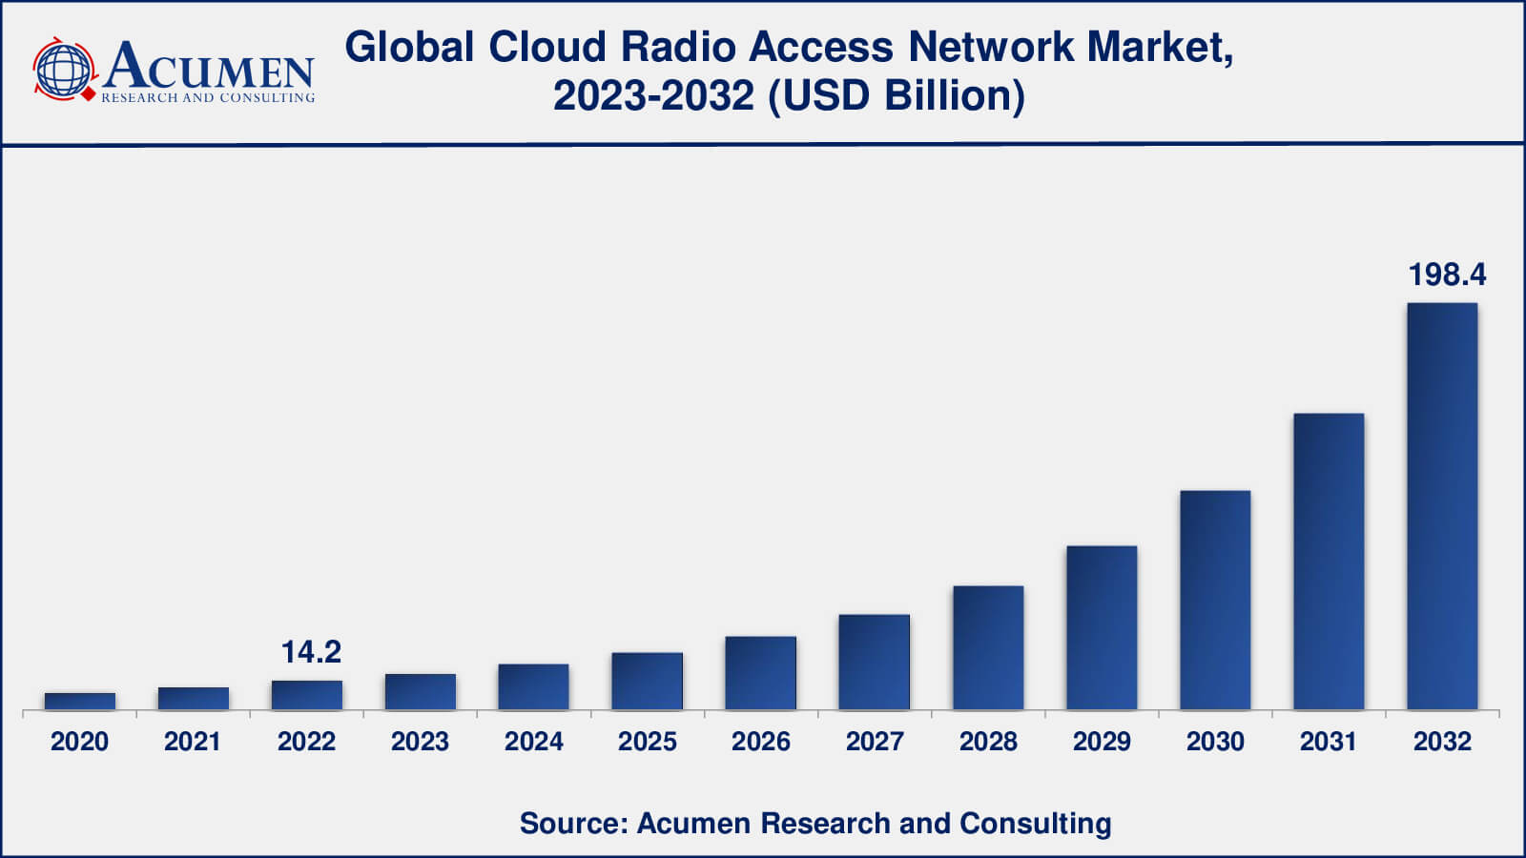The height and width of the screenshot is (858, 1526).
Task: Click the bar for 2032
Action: [1442, 506]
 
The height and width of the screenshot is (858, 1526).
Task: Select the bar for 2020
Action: [80, 702]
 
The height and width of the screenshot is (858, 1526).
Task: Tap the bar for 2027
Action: [874, 663]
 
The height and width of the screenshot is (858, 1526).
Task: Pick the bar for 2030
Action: [1215, 601]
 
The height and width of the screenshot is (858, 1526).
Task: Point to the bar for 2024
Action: [533, 687]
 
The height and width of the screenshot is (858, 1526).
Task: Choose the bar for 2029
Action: [1102, 628]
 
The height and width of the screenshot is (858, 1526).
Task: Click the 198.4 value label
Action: [1447, 275]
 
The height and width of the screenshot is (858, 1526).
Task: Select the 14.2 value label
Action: [311, 652]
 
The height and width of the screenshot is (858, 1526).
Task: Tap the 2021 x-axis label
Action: [193, 742]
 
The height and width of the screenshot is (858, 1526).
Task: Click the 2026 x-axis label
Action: [761, 742]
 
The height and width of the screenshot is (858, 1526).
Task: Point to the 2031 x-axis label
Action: [1329, 742]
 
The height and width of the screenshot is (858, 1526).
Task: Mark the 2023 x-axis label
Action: [420, 742]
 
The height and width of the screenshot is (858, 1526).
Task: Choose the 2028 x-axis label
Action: [988, 742]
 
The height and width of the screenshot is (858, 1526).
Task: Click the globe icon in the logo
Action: [64, 70]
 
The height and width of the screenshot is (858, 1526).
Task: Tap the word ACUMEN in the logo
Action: [209, 67]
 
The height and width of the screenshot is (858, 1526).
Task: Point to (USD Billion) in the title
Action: [897, 95]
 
